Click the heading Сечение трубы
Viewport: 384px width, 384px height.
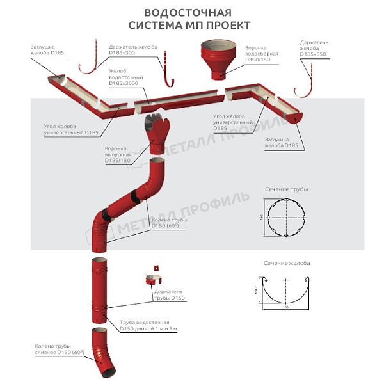286,190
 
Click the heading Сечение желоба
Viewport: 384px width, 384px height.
286,263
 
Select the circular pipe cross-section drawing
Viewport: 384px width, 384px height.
286,218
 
